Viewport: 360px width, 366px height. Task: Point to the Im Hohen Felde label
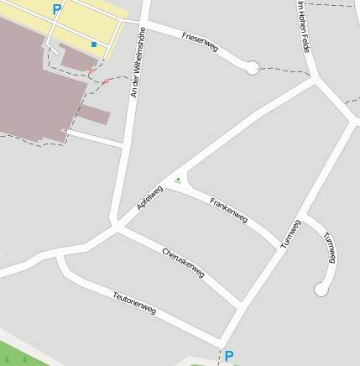304,27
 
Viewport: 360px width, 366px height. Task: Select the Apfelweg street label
149,197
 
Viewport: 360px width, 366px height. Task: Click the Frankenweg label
228,210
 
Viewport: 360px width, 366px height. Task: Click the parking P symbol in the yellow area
57,9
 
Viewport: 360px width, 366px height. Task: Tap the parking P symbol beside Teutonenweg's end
228,356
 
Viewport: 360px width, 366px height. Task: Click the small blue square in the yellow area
94,44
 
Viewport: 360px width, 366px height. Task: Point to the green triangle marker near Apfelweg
177,180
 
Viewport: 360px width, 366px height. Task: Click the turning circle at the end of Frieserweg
252,68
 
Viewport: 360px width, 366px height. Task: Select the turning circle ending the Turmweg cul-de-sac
320,290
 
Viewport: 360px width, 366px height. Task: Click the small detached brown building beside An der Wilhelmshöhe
95,115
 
